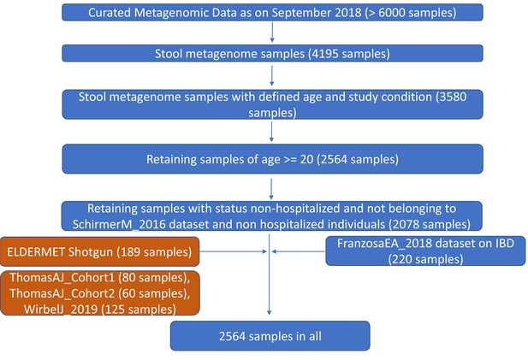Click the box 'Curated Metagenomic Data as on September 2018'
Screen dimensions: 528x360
[272, 13]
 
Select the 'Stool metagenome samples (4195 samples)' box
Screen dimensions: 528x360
[272, 54]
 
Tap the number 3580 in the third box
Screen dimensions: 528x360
[451, 97]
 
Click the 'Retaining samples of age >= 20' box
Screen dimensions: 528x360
[272, 159]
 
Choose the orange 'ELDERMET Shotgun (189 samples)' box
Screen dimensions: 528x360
[99, 251]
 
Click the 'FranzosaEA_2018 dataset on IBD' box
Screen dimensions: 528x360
[425, 251]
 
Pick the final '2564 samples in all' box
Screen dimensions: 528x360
[270, 336]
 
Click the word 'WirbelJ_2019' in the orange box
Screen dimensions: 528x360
[61, 310]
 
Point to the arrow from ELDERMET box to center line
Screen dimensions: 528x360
[233, 251]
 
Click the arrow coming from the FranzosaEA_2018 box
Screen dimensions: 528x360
[299, 251]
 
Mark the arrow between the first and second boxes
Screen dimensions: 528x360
[272, 32]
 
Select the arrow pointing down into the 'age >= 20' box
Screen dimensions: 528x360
[271, 132]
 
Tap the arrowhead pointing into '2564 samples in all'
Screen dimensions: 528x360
[269, 313]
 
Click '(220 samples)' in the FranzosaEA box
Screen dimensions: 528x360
[425, 259]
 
